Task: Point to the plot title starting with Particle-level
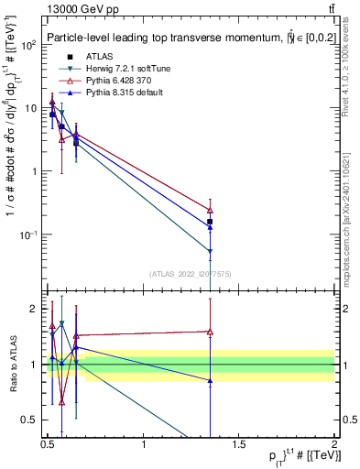coord(183,38)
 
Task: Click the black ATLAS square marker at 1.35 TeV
coord(210,222)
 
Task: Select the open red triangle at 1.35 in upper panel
coord(210,210)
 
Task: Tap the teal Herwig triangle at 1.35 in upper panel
coord(210,251)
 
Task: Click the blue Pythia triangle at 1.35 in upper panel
coord(210,226)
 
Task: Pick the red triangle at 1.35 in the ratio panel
coord(210,332)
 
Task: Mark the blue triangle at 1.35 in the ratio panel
coord(210,380)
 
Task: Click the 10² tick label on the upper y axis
coord(27,44)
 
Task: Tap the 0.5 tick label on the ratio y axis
coord(28,421)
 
